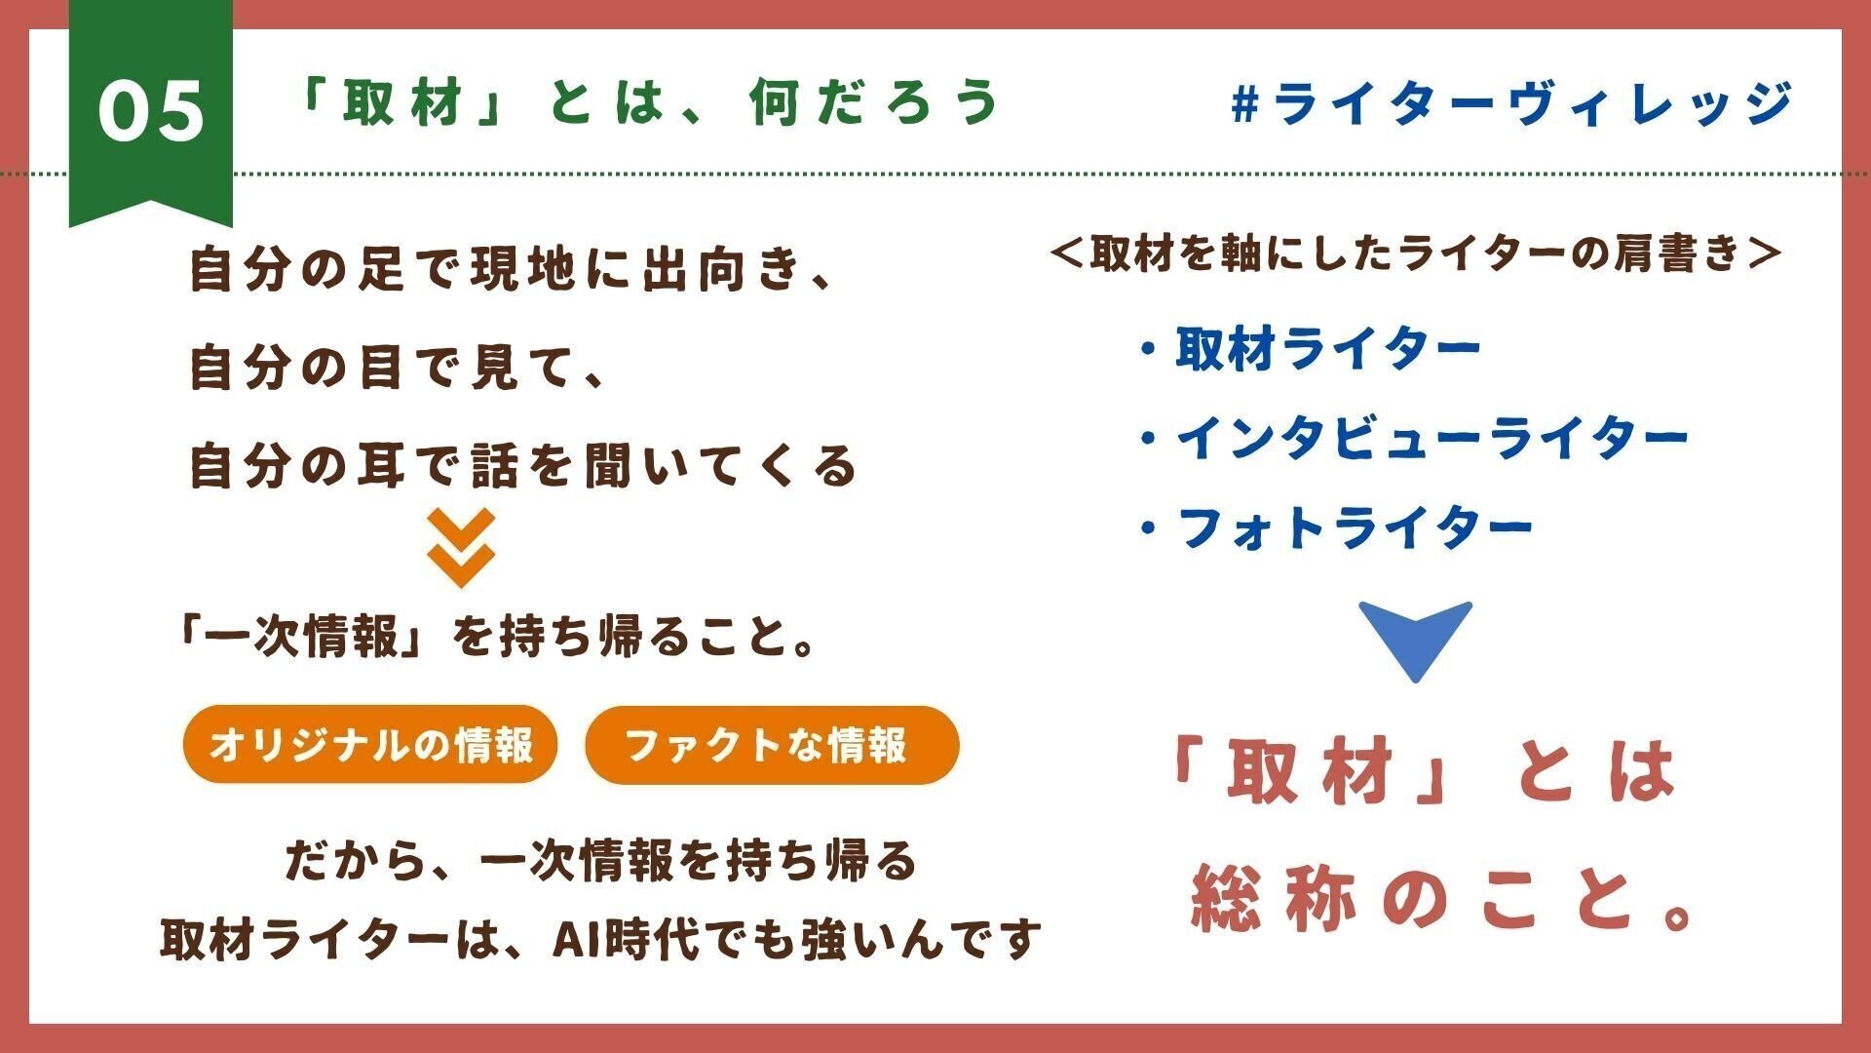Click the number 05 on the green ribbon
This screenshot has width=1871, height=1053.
pyautogui.click(x=151, y=111)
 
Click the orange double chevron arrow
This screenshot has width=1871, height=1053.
pyautogui.click(x=461, y=548)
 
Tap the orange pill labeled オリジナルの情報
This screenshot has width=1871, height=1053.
pyautogui.click(x=370, y=745)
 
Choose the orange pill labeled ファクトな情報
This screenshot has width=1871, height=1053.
pyautogui.click(x=772, y=745)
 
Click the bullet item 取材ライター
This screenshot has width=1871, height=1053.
pyautogui.click(x=1327, y=348)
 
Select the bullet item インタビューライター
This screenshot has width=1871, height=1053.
pyautogui.click(x=1431, y=439)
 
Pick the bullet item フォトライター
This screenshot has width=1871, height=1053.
pyautogui.click(x=1355, y=528)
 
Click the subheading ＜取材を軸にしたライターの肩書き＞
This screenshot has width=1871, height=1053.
pyautogui.click(x=1417, y=253)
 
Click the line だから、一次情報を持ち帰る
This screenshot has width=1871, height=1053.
pyautogui.click(x=600, y=861)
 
